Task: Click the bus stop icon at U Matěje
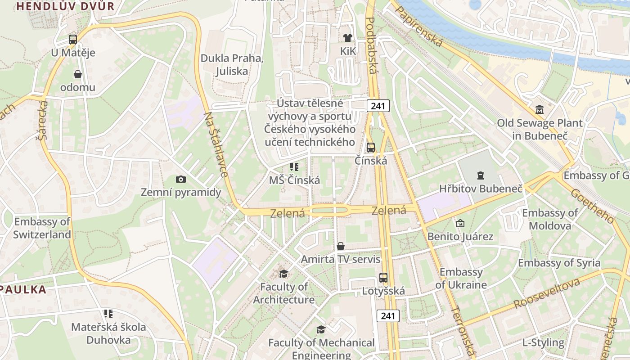pos(73,39)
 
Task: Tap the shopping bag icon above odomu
pos(78,74)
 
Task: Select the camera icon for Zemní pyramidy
pos(181,179)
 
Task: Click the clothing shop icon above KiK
pos(347,37)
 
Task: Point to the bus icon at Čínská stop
pos(370,147)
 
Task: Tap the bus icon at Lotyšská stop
pos(383,278)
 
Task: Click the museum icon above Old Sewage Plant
pos(539,109)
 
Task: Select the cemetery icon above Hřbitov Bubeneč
pos(481,175)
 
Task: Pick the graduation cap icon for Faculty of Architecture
pos(283,274)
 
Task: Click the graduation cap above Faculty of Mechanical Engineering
pos(321,330)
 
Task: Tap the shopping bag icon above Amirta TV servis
pos(341,246)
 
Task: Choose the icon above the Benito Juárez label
pos(460,223)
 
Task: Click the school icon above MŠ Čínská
pos(294,167)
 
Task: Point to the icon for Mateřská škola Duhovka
pos(108,313)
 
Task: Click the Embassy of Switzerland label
pos(42,228)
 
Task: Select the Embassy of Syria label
pos(559,263)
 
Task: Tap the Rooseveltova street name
pos(547,293)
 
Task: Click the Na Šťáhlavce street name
pos(216,144)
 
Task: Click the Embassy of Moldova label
pos(550,219)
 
